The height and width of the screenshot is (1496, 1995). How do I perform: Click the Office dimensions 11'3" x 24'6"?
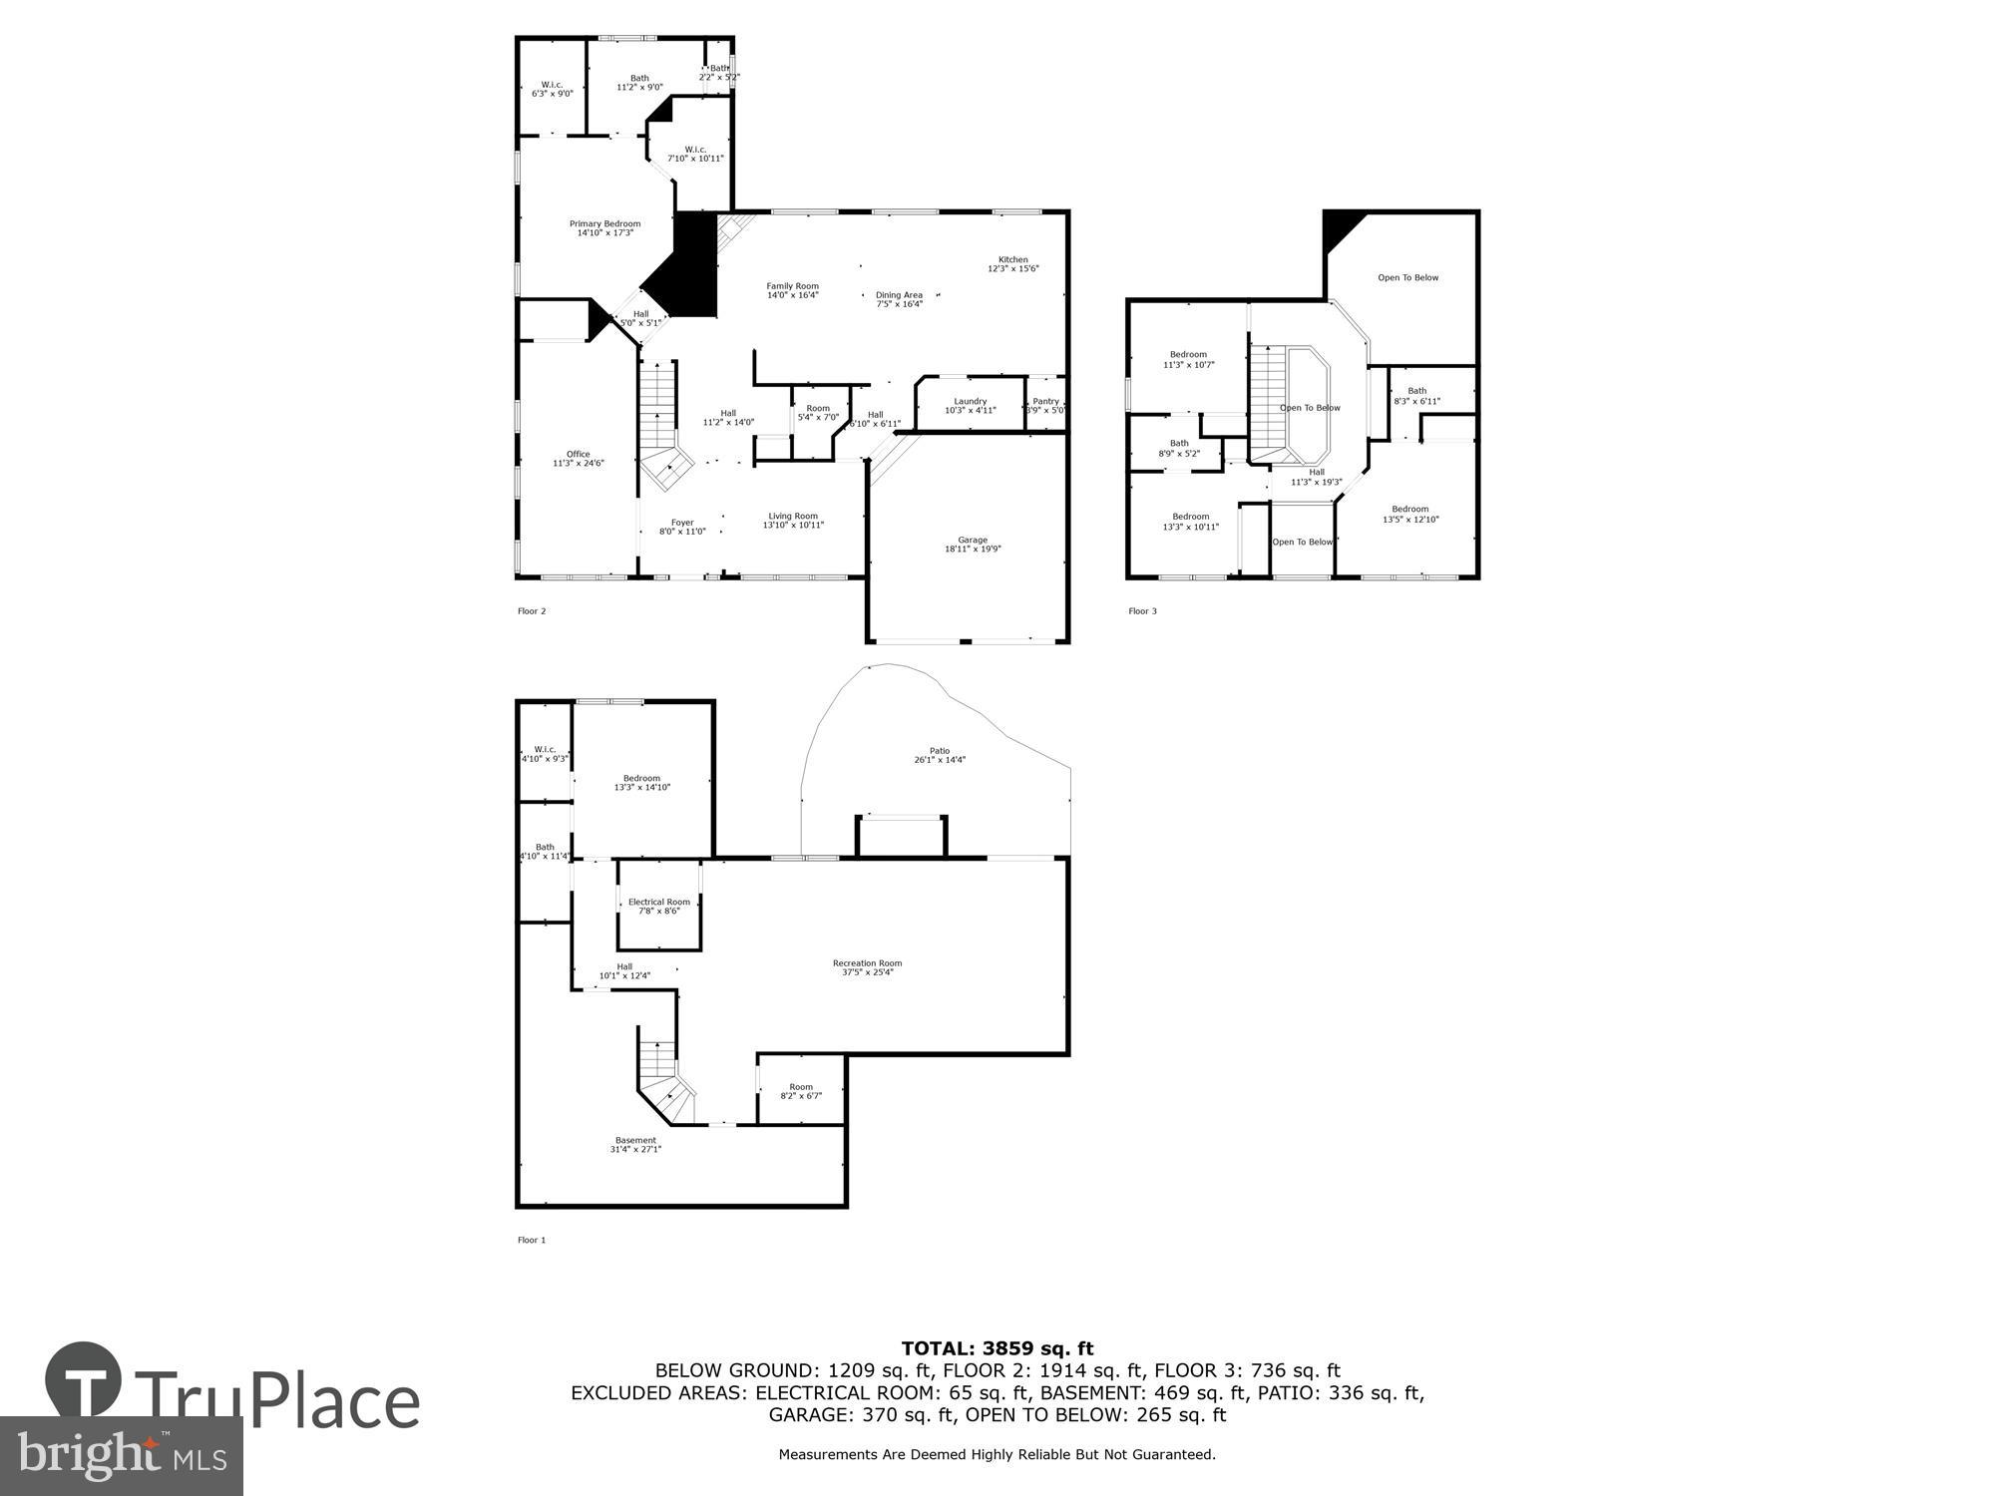coord(579,463)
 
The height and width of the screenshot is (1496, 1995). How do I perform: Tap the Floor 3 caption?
coord(1142,611)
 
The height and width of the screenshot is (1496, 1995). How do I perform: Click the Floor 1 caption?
coord(532,1240)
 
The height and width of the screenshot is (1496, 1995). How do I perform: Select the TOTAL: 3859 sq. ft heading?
coord(997,1348)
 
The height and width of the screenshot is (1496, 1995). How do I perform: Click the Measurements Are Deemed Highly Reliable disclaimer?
coord(997,1454)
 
